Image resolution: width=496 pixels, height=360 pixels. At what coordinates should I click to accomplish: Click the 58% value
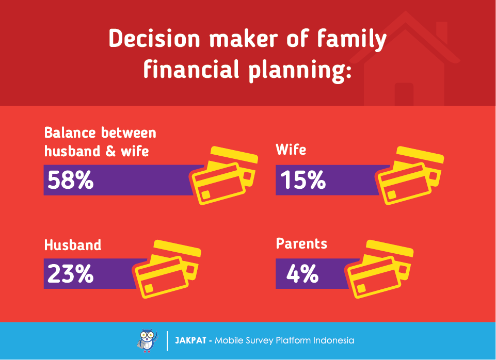71,180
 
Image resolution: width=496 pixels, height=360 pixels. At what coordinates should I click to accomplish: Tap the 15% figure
303,180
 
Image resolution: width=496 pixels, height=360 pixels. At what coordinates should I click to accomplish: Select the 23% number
71,273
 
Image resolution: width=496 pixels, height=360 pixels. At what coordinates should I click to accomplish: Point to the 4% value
302,273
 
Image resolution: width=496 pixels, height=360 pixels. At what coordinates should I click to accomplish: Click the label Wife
291,150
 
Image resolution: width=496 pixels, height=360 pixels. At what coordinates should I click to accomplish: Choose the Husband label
73,245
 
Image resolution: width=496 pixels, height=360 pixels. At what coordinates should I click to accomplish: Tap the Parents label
301,243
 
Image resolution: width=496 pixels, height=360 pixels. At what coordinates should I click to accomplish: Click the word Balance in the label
70,133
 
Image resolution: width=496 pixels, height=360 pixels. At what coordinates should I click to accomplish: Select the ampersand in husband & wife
110,151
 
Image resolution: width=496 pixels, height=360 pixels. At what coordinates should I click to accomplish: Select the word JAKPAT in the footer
191,340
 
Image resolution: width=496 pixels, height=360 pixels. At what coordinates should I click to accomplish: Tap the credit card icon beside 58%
223,175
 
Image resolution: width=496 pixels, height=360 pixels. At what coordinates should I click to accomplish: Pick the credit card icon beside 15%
409,175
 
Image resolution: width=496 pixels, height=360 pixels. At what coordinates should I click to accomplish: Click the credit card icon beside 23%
168,269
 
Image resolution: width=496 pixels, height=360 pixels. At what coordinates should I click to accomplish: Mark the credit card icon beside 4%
380,269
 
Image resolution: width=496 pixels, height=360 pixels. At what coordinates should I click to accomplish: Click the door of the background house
404,94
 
